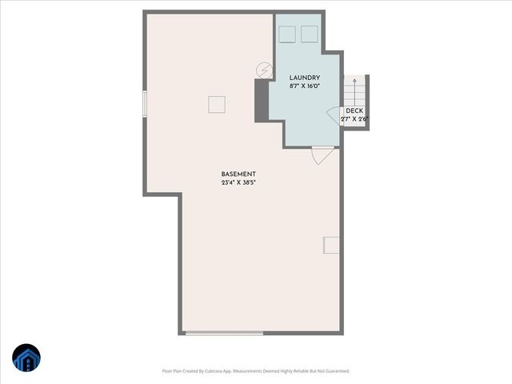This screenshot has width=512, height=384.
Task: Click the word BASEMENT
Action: (238, 174)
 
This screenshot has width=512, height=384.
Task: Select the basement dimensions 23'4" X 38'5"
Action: (238, 182)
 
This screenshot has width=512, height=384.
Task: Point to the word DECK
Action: (354, 111)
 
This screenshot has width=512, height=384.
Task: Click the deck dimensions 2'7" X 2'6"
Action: (354, 119)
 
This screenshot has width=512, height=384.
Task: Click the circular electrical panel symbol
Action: (264, 71)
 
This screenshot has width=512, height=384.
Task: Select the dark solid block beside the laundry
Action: (262, 101)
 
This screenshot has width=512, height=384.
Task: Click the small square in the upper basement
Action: (216, 104)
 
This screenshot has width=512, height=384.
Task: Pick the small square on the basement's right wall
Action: (331, 245)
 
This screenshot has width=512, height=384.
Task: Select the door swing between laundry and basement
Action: (322, 156)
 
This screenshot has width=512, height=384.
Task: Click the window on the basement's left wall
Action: (145, 104)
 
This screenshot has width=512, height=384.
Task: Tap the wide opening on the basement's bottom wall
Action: (223, 333)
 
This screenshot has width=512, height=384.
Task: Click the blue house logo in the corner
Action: (26, 358)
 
